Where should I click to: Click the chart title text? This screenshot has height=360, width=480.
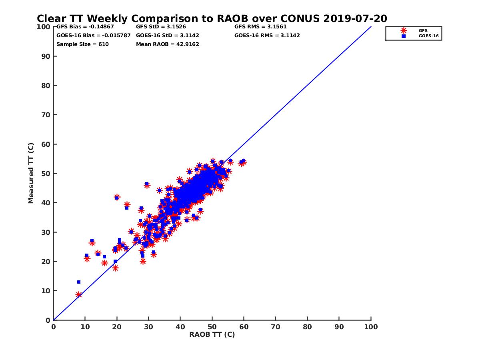pos(212,18)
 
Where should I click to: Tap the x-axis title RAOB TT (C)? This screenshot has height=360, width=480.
pos(212,334)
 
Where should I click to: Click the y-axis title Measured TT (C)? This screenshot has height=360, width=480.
pos(31,174)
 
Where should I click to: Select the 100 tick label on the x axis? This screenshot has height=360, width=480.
pos(371,327)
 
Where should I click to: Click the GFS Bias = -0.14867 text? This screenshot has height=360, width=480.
pos(83,27)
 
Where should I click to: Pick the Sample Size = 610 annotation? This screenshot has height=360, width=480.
pos(82,44)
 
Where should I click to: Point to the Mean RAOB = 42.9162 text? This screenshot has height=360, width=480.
pos(168,44)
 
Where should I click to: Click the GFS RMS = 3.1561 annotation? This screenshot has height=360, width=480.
pos(260,27)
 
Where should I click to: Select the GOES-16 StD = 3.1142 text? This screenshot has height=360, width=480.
pos(168,36)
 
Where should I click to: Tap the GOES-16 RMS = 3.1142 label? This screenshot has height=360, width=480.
pos(267,36)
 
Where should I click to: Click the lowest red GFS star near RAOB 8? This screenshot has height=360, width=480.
pos(78,295)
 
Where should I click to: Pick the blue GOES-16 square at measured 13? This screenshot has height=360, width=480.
pos(79,282)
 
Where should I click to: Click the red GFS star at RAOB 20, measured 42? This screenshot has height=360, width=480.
pos(117,197)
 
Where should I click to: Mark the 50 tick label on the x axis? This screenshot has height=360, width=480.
pos(212,327)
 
